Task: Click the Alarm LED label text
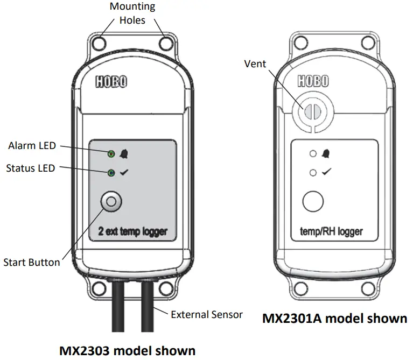coord(31,146)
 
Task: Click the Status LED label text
coord(30,168)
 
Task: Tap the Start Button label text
coord(31,263)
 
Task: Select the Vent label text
coord(255,64)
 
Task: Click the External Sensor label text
coord(207,314)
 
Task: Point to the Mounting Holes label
coord(132,13)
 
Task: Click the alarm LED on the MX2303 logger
coord(110,154)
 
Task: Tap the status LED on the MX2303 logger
coord(110,173)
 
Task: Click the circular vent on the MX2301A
coord(309,112)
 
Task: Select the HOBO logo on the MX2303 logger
coord(111,82)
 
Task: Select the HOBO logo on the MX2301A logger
coord(312,81)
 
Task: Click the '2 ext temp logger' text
coord(132,232)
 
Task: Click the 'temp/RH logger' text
coord(331,232)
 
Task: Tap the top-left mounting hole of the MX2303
coord(100,42)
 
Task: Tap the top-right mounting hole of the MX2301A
coord(368,42)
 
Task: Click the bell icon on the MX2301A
coord(325,154)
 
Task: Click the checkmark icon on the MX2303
coord(123,173)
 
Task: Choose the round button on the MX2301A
coord(312,202)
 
